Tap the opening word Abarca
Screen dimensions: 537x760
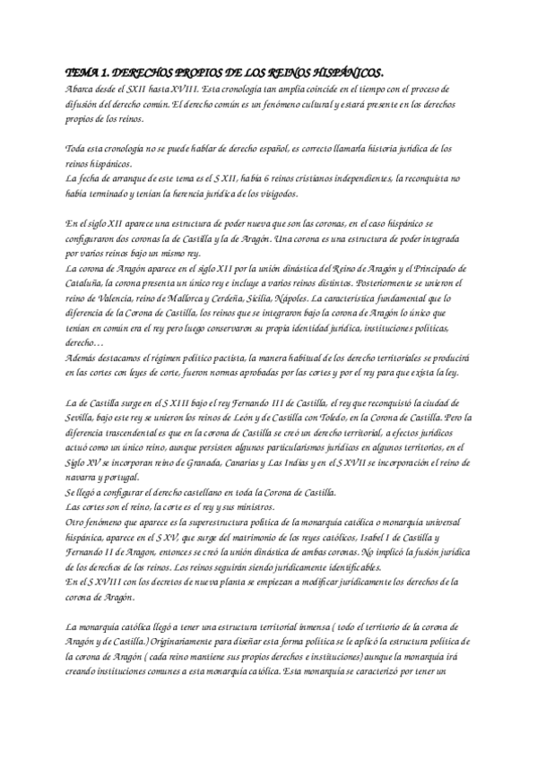[82, 91]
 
